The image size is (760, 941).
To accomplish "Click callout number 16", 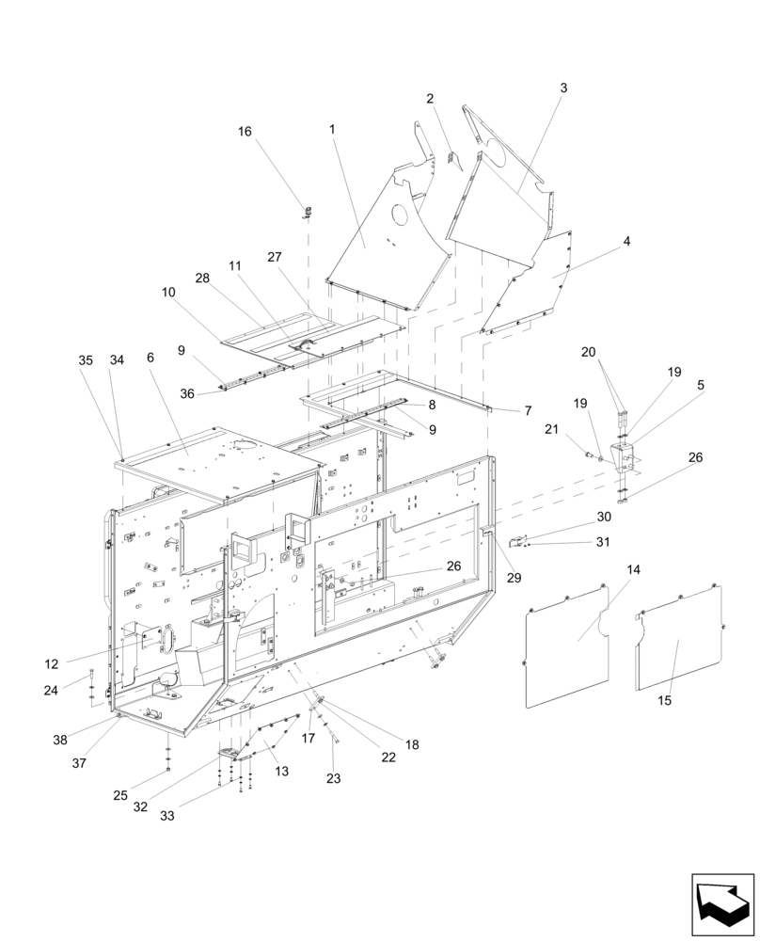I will pyautogui.click(x=245, y=132).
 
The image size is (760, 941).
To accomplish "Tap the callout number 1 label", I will pyautogui.click(x=331, y=128).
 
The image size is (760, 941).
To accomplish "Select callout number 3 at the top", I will pyautogui.click(x=563, y=88).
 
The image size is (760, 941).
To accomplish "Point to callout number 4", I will pyautogui.click(x=626, y=242).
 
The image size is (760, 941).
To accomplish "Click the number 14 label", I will pyautogui.click(x=633, y=570).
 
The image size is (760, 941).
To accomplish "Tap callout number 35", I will pyautogui.click(x=86, y=360).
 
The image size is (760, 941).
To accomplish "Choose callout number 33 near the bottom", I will pyautogui.click(x=167, y=816).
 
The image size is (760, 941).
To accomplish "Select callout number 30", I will pyautogui.click(x=604, y=517).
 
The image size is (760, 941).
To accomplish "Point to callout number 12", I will pyautogui.click(x=52, y=663).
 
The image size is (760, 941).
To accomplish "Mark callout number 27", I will pyautogui.click(x=275, y=257).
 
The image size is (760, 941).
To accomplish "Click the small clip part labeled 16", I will pyautogui.click(x=307, y=209).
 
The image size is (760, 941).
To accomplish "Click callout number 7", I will pyautogui.click(x=528, y=411).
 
